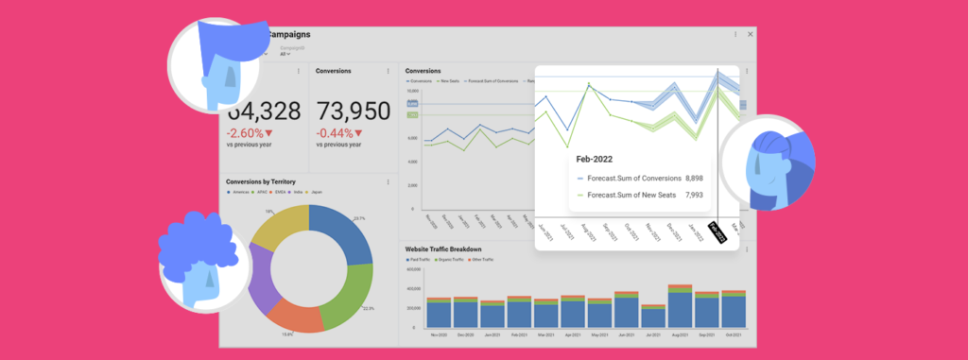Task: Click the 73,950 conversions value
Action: coord(352,111)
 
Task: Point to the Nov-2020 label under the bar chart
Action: coord(439,334)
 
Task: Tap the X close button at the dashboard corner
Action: coord(751,34)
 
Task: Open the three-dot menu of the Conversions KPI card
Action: coord(388,71)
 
